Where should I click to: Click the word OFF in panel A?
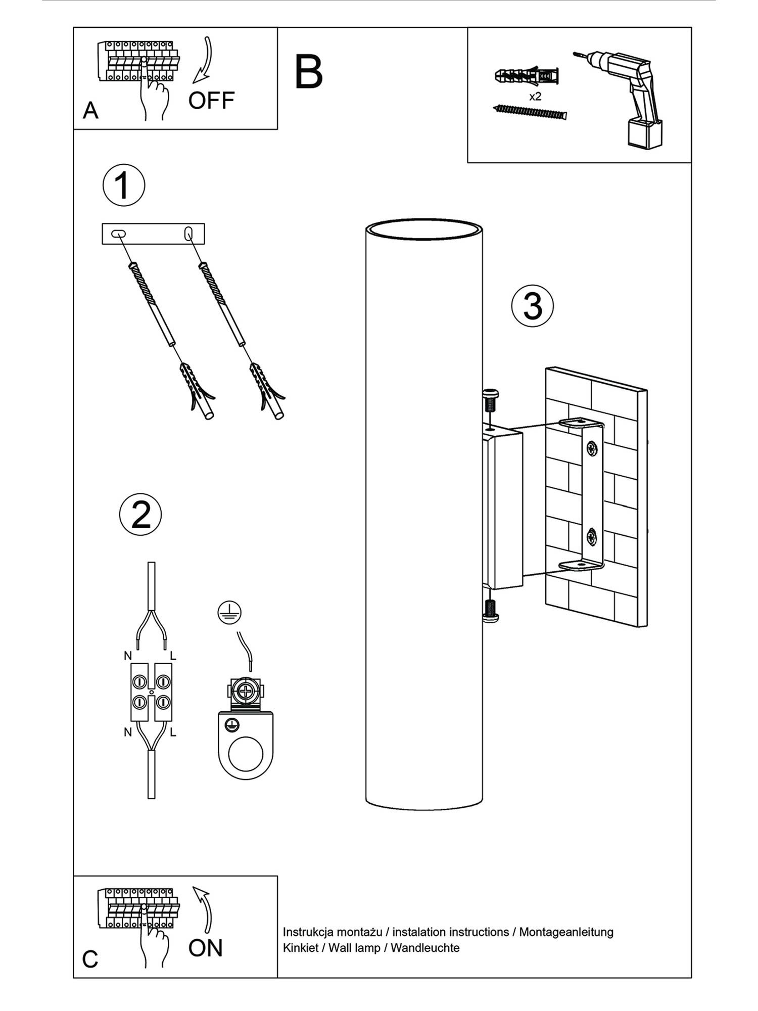point(211,101)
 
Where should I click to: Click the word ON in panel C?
point(205,948)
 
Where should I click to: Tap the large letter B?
point(308,72)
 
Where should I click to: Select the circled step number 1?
point(124,185)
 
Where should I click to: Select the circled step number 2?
point(140,515)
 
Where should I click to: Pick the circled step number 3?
point(533,306)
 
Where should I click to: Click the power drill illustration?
point(627,99)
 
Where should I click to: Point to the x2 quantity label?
point(535,97)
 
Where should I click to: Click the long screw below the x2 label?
point(530,112)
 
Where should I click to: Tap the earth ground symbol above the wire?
point(229,613)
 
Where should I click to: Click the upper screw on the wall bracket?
point(592,448)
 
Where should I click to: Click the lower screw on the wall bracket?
point(592,537)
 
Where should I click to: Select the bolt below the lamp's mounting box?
point(490,610)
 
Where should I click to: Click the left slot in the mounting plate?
point(118,234)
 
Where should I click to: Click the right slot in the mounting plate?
point(188,234)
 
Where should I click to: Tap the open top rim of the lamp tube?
point(423,228)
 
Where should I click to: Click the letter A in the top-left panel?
point(90,110)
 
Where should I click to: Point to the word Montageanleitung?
point(566,932)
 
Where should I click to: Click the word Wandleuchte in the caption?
point(425,948)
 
